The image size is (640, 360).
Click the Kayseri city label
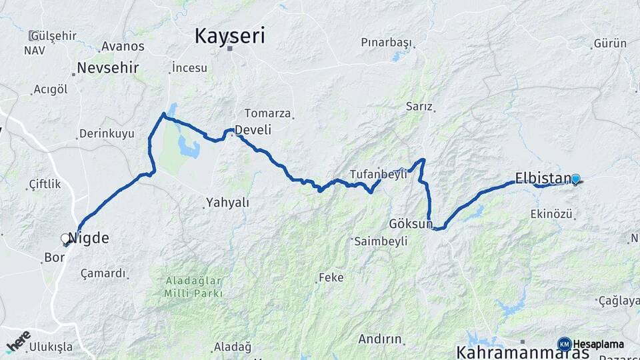pos(229,36)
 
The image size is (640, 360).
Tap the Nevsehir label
pos(107,68)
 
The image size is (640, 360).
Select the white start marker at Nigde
pos(65,238)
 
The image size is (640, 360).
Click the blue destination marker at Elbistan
pos(575,179)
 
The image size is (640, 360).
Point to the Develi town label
pos(253,129)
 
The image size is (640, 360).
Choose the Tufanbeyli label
pos(378,174)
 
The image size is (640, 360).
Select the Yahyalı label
pos(227,202)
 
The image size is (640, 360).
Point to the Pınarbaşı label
pos(386,42)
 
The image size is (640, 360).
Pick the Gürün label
pos(609,44)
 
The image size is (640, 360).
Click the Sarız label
pos(419,107)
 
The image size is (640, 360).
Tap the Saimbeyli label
pos(380,241)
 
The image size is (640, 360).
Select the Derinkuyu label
pos(107,134)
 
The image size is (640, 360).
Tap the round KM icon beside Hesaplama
pos(564,344)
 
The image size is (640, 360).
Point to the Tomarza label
pos(267,113)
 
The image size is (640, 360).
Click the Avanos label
pos(122,47)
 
